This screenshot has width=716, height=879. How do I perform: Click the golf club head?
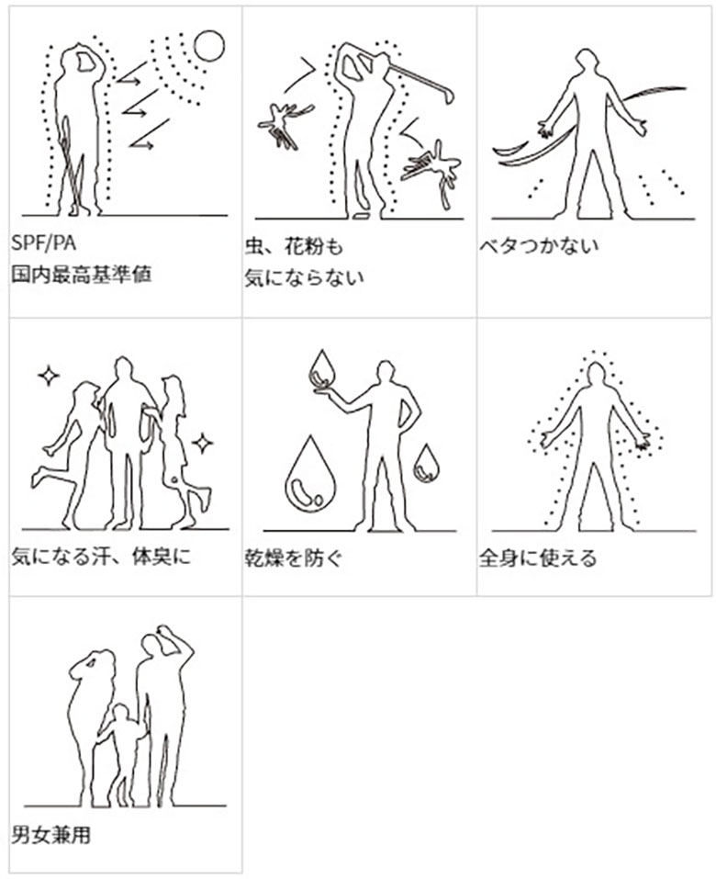(448, 95)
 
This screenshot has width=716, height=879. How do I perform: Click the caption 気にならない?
(304, 276)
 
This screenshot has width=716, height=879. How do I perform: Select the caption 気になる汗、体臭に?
(101, 557)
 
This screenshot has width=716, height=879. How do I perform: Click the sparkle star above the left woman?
(48, 375)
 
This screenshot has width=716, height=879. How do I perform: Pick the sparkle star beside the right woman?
(203, 444)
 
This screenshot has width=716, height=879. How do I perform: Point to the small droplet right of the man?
(426, 463)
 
